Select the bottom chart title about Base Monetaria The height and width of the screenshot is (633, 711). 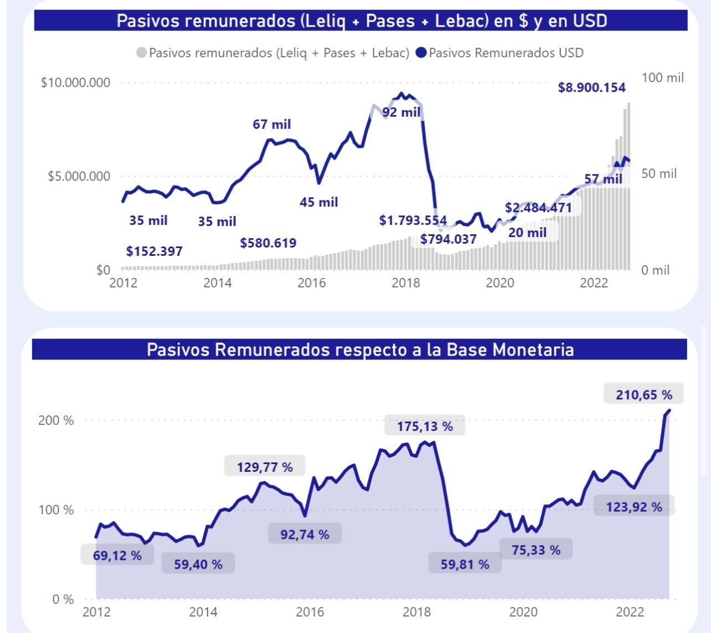pyautogui.click(x=360, y=350)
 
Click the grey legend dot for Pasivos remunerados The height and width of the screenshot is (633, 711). pyautogui.click(x=141, y=53)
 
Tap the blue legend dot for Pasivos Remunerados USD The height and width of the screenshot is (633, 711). pyautogui.click(x=421, y=53)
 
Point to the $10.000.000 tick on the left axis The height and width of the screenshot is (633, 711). pyautogui.click(x=75, y=83)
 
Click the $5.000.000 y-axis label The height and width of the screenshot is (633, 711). pyautogui.click(x=79, y=176)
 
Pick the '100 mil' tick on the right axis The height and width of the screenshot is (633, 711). pyautogui.click(x=662, y=78)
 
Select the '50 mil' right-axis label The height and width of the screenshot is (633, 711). pyautogui.click(x=659, y=174)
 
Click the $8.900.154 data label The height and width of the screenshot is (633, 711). pyautogui.click(x=591, y=88)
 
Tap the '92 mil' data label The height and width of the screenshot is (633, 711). pyautogui.click(x=401, y=112)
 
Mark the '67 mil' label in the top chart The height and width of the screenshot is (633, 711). pyautogui.click(x=271, y=124)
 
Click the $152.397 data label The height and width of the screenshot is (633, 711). pyautogui.click(x=154, y=251)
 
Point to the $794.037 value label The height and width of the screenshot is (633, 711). pyautogui.click(x=448, y=239)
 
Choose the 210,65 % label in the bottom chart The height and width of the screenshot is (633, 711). pyautogui.click(x=644, y=395)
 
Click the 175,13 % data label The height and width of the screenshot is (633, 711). pyautogui.click(x=425, y=426)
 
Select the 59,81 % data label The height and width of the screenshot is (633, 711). pyautogui.click(x=465, y=564)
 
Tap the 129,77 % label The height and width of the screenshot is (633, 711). pyautogui.click(x=265, y=467)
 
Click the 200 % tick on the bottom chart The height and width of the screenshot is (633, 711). pyautogui.click(x=55, y=420)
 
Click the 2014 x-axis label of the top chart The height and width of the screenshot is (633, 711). pyautogui.click(x=218, y=283)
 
